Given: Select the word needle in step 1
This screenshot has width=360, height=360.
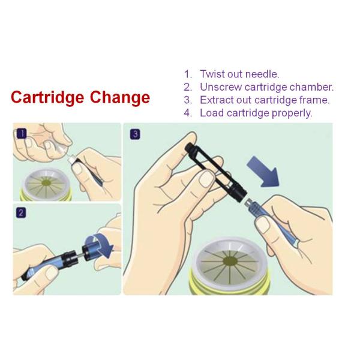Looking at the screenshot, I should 263,74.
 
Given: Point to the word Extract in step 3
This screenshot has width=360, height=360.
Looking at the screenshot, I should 218,100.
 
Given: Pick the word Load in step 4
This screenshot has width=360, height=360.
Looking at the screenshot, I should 211,113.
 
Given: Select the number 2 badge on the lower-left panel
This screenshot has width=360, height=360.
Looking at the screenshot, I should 21,212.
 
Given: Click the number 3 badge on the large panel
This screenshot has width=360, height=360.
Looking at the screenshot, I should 135,134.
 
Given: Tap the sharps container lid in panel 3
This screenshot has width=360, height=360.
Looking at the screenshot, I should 231,264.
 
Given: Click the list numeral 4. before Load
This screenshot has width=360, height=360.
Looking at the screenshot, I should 188,113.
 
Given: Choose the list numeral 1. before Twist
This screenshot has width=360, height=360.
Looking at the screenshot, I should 188,74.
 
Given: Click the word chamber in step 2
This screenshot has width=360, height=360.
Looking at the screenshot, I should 312,87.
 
